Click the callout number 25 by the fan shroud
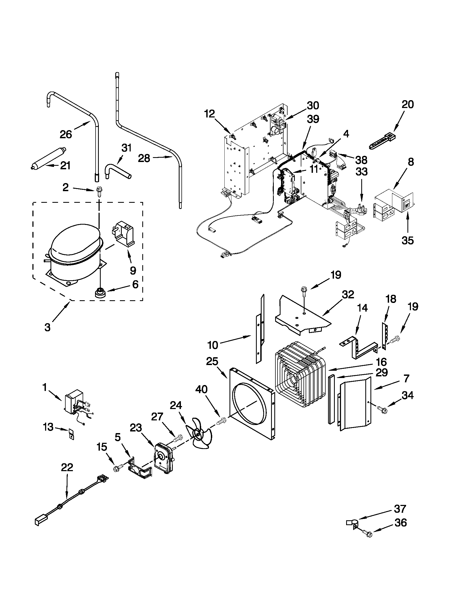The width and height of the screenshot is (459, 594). (212, 362)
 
